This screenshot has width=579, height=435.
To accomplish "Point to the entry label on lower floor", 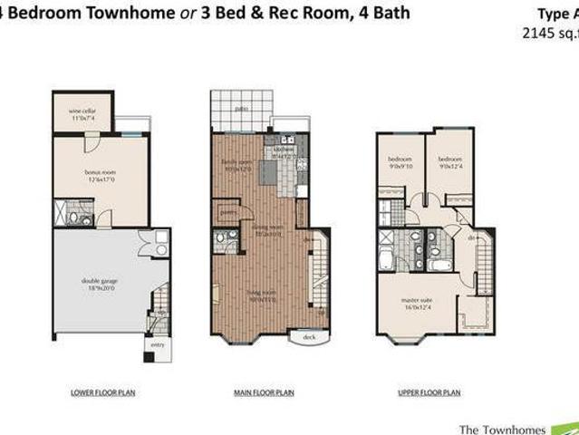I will [x=157, y=345].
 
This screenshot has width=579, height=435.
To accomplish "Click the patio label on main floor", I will [x=241, y=109].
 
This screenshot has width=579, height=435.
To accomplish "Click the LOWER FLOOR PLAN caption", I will [x=96, y=392].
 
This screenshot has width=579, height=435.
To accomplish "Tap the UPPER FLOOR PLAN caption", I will [x=429, y=392].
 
